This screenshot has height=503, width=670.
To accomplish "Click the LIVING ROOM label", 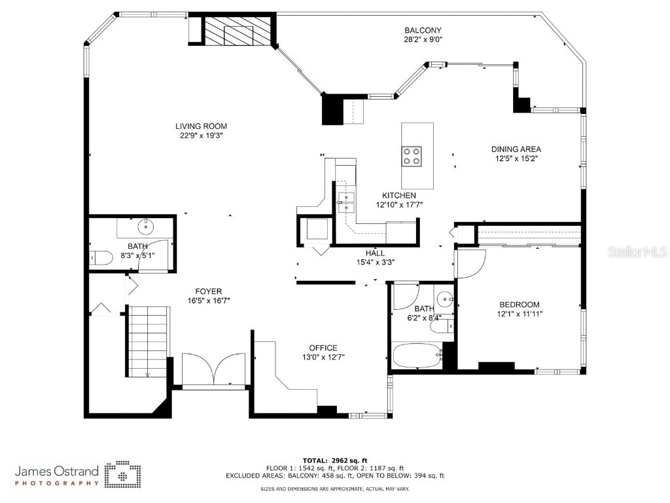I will [x=201, y=126].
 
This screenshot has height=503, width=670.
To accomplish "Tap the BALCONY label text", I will [x=423, y=30].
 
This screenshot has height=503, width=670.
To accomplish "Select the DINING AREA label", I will [x=516, y=149].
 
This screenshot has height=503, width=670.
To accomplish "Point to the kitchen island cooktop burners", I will [x=412, y=156].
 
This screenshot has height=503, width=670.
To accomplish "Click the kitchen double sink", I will [x=345, y=202].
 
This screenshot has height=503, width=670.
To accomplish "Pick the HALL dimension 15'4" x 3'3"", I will [x=375, y=262].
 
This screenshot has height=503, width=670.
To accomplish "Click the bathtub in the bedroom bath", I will [x=417, y=358].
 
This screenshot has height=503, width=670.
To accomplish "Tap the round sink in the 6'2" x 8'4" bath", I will [x=446, y=299].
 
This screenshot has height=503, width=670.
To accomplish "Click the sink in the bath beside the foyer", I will [x=145, y=228].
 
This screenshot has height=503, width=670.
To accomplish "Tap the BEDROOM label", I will [x=519, y=305].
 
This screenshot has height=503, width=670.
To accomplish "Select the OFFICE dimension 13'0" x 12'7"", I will [x=323, y=358].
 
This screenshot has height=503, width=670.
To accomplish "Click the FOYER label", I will [x=208, y=291].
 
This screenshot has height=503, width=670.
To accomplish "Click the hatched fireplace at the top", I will [x=238, y=31].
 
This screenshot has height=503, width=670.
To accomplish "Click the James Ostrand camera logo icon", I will [x=123, y=474].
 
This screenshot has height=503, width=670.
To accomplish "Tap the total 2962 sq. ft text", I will [x=334, y=460].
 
